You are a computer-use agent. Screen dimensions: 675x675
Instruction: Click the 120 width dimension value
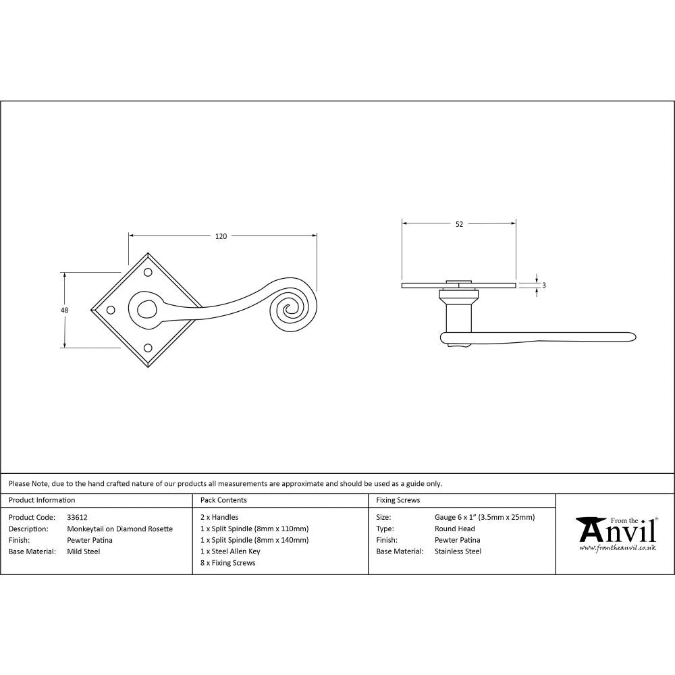tap(221, 236)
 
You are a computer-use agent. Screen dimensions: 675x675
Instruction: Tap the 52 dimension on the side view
tap(459, 225)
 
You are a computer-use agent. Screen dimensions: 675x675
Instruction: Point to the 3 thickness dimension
tap(544, 286)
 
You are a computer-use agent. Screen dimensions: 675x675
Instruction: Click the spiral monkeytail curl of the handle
tap(292, 310)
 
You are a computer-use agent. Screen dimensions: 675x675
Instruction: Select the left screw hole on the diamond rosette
tap(111, 310)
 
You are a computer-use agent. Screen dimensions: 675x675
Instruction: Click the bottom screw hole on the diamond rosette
tap(148, 347)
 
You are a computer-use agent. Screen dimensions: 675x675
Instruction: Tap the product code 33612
tap(77, 517)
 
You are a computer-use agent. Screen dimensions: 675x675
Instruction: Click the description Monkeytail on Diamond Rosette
tap(119, 529)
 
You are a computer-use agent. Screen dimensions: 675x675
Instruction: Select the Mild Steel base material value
tap(83, 551)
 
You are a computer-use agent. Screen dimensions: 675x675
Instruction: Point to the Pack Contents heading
tap(223, 500)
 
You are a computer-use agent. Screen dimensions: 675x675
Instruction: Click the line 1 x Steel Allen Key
tap(230, 551)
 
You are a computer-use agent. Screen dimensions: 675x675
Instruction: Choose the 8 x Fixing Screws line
tap(228, 563)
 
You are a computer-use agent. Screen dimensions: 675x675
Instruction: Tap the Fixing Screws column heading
tap(398, 500)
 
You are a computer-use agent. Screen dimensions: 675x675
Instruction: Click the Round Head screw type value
tap(454, 529)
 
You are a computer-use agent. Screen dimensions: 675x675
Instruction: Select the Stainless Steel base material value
tap(458, 551)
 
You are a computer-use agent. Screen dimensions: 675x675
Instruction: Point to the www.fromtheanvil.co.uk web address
tap(617, 547)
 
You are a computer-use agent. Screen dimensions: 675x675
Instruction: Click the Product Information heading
tap(42, 500)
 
